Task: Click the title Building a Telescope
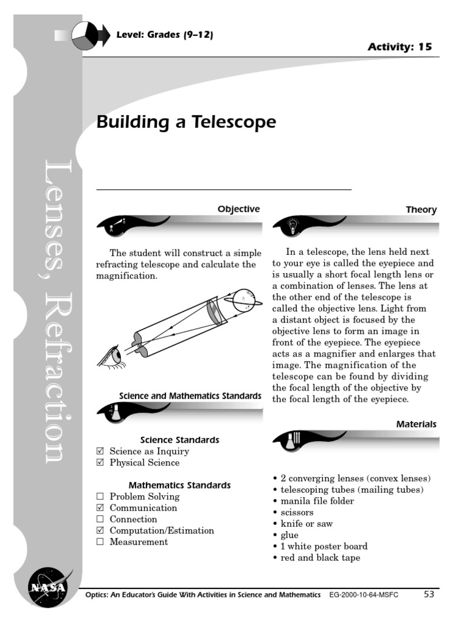tap(186, 122)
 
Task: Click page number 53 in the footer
tap(429, 594)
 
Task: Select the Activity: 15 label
tap(400, 47)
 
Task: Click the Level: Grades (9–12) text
tap(165, 35)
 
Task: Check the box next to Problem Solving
tap(100, 497)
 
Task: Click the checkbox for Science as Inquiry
tap(100, 451)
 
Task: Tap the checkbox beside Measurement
tap(100, 542)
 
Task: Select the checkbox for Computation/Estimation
tap(100, 531)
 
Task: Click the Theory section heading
tap(421, 210)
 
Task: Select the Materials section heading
tap(417, 424)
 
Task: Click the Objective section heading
tap(238, 209)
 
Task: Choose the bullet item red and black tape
tap(320, 557)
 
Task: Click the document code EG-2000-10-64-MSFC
tap(364, 595)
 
